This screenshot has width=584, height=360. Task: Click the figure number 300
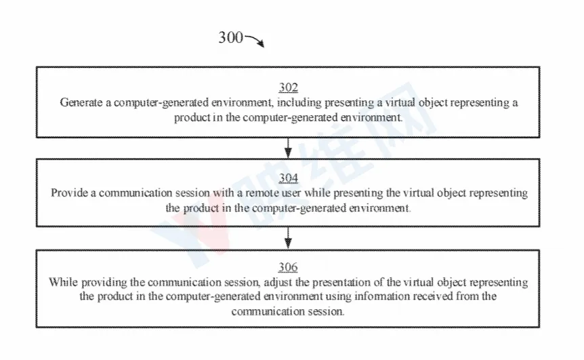pyautogui.click(x=230, y=37)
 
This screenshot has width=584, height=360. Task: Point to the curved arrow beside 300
pyautogui.click(x=255, y=39)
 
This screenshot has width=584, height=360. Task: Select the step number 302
pyautogui.click(x=289, y=87)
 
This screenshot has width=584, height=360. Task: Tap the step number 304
pyautogui.click(x=289, y=178)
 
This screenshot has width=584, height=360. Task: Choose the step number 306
pyautogui.click(x=288, y=267)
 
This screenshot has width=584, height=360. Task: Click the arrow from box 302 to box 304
pyautogui.click(x=288, y=148)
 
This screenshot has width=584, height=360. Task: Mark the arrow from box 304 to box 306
pyautogui.click(x=288, y=238)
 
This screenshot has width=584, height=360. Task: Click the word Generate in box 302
pyautogui.click(x=81, y=102)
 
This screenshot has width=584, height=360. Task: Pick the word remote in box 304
pyautogui.click(x=260, y=193)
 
